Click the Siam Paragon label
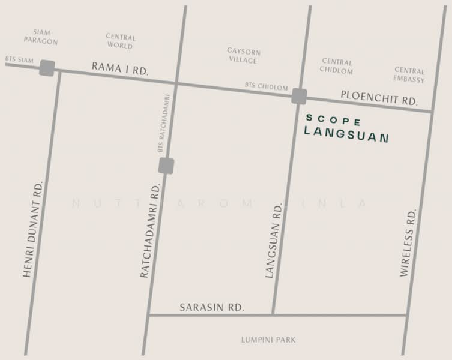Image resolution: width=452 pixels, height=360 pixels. (x=41, y=37)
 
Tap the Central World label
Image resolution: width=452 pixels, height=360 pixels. (x=121, y=41)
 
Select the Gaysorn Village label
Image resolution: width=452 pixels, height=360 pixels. (x=243, y=56)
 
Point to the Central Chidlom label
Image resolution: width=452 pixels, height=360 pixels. (x=337, y=66)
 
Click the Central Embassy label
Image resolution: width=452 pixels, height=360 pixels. (x=409, y=75)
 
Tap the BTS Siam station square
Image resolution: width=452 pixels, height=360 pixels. (x=47, y=68)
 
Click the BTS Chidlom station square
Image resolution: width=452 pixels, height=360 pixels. (x=299, y=96)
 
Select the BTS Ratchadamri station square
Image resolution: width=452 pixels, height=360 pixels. (x=166, y=166)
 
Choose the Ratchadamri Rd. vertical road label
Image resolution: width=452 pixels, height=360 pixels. (x=151, y=230)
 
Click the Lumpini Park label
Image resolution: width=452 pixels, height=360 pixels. (x=268, y=340)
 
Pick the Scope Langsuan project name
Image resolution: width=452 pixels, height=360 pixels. (x=346, y=128)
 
